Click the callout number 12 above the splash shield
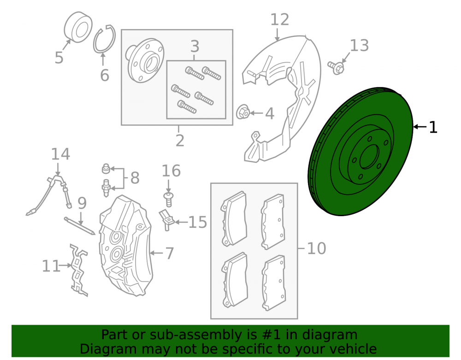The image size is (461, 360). click(280, 20)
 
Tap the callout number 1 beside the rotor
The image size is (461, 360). click(433, 127)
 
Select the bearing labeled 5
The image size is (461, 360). click(78, 27)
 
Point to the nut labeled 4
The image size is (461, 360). click(243, 112)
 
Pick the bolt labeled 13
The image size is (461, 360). click(336, 68)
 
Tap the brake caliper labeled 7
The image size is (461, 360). click(126, 245)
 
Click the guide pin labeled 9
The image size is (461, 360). click(80, 226)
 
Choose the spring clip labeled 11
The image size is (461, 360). click(78, 270)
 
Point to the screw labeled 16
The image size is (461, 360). click(168, 199)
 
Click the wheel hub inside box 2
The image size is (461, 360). click(144, 60)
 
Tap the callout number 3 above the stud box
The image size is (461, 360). click(195, 47)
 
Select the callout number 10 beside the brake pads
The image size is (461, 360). click(316, 248)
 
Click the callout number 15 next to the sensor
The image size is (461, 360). click(198, 223)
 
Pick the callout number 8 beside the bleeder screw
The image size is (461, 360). click(135, 178)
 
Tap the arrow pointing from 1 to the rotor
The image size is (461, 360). click(420, 127)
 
